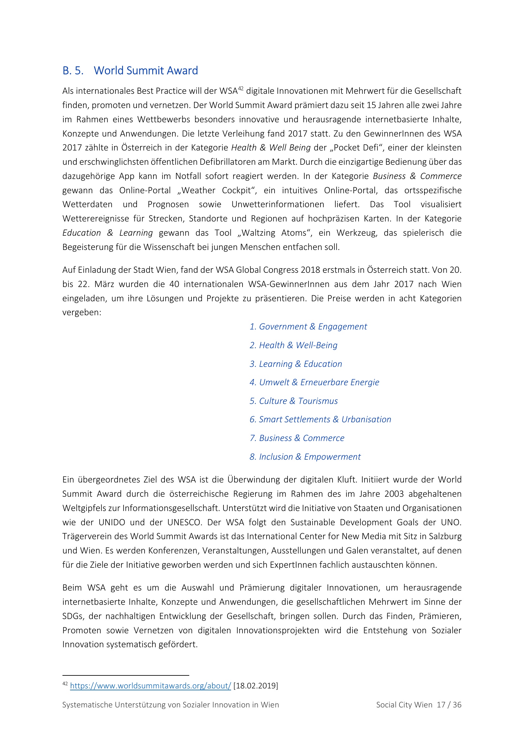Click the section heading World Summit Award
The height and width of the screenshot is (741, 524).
[146, 71]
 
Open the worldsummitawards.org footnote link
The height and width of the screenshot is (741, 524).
[151, 686]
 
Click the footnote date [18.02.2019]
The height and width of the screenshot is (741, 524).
[256, 686]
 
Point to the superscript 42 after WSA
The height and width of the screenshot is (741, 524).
[241, 88]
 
